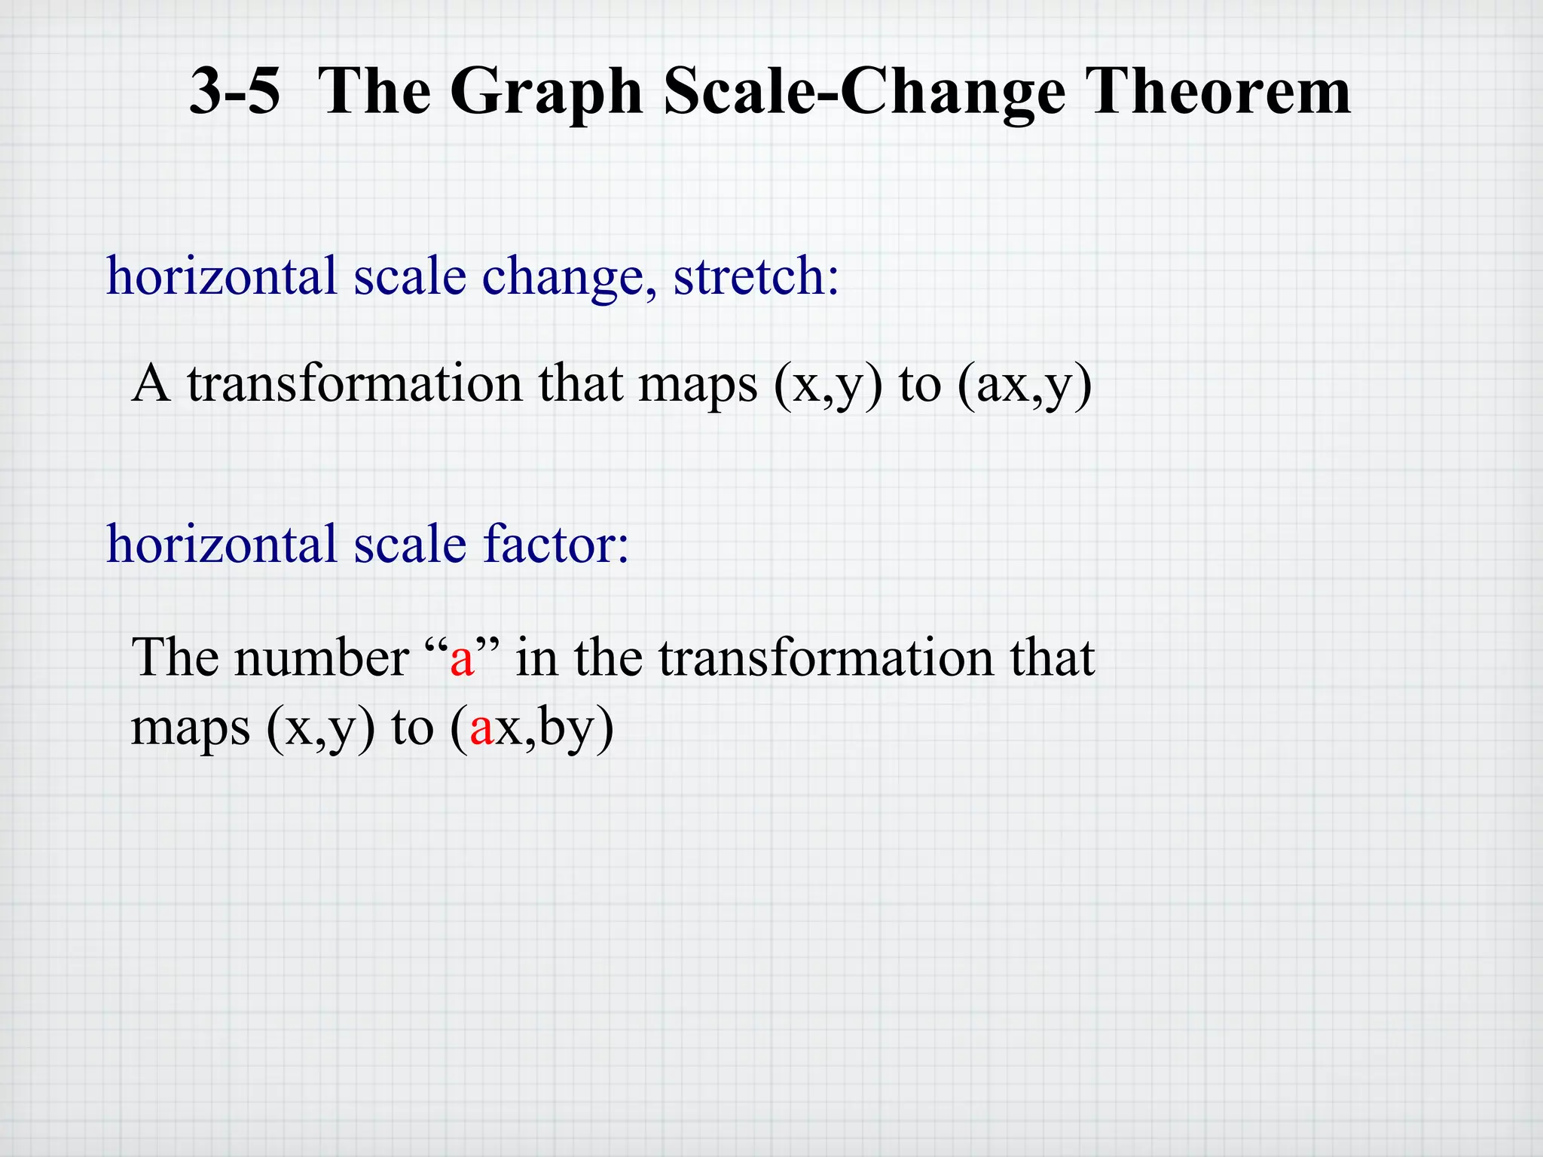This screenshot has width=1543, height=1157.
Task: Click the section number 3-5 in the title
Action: pos(234,92)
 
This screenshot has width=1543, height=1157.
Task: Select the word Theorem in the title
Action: pos(1218,92)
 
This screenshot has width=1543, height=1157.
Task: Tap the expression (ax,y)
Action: pos(1024,386)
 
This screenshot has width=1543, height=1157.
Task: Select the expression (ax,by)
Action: pos(532,729)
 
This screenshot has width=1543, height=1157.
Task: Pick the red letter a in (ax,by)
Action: pos(481,729)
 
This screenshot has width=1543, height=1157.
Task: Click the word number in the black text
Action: pos(322,658)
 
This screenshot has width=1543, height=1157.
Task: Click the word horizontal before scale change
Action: pos(221,276)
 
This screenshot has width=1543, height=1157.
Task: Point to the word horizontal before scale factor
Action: pos(221,544)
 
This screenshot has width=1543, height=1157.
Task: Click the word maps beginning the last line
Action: pos(190,729)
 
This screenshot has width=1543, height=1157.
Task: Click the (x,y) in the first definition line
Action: pos(827,386)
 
